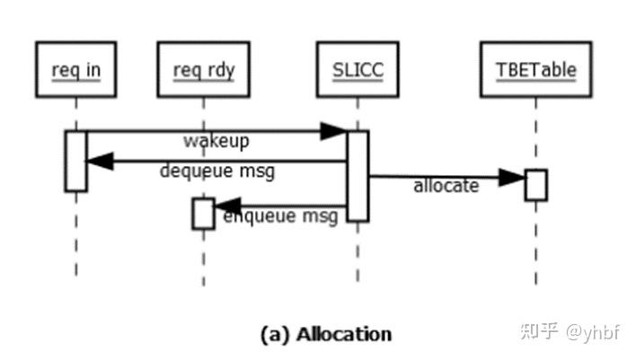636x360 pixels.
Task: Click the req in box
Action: [x=75, y=68]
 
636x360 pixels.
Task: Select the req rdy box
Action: [x=203, y=68]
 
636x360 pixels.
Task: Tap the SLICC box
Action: [x=357, y=68]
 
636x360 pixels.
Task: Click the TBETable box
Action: [x=535, y=68]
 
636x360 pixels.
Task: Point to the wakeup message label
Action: [x=216, y=142]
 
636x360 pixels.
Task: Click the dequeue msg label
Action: [x=217, y=171]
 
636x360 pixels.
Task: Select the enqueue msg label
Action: [x=280, y=216]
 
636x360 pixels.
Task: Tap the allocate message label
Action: [x=446, y=186]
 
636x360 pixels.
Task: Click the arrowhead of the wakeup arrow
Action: [x=335, y=132]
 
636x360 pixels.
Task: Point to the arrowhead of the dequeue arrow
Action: [x=98, y=162]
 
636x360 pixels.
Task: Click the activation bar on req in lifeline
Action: [x=75, y=161]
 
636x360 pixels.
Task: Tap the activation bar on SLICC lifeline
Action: [x=358, y=175]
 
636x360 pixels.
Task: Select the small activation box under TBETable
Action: [x=535, y=184]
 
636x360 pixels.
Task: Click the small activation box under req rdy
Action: [x=203, y=214]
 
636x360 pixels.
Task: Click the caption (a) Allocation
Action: [x=325, y=335]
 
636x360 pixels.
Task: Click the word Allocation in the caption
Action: [x=344, y=335]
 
